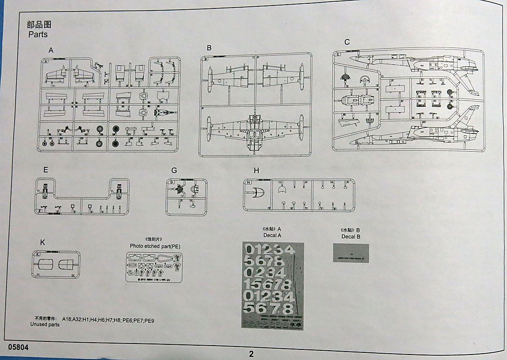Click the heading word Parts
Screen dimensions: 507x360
coord(38,34)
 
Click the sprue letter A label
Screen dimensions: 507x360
coord(51,50)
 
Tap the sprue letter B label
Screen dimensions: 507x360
coord(209,48)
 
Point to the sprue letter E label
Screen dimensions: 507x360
coord(46,170)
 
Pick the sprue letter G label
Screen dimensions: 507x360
coord(174,171)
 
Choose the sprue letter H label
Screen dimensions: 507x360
coord(256,170)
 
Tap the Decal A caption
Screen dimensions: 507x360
coord(272,235)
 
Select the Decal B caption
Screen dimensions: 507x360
coord(351,237)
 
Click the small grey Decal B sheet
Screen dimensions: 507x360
coord(351,253)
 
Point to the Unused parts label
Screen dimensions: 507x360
coord(45,325)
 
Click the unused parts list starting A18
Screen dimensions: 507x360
coord(108,320)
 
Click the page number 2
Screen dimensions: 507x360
coord(251,354)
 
